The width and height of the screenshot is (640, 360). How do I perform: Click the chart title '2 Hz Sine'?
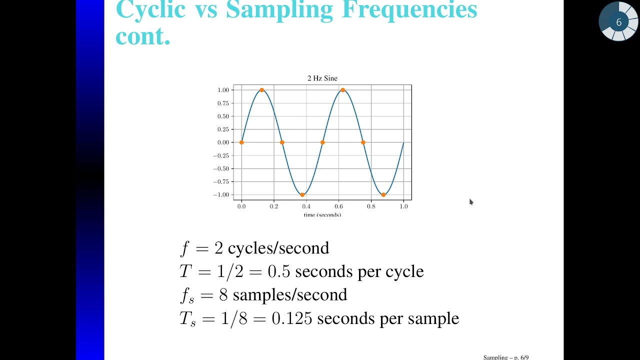[x=322, y=78]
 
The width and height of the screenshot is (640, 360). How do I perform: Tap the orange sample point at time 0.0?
[x=241, y=142]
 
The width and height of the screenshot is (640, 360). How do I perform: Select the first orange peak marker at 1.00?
[x=262, y=90]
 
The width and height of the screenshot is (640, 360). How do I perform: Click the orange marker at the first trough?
[x=302, y=194]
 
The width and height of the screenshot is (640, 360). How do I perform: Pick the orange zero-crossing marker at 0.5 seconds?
[x=322, y=142]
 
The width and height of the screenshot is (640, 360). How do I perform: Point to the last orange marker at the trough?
[x=383, y=194]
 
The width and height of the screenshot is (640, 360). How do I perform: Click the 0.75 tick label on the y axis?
[x=223, y=103]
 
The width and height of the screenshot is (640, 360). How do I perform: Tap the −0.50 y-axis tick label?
[x=221, y=168]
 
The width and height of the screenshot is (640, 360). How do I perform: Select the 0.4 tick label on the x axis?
[x=306, y=206]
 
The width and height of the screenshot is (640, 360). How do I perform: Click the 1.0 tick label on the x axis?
[x=403, y=206]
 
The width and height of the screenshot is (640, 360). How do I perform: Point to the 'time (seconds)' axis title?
[x=322, y=214]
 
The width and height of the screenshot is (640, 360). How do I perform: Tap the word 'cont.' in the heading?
[x=143, y=36]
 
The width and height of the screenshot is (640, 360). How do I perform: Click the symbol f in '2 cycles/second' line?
[x=185, y=248]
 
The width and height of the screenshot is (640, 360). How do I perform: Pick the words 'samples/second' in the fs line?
[x=290, y=295]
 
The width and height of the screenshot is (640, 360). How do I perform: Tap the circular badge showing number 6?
[x=618, y=22]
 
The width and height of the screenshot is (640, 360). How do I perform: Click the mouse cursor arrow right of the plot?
[x=470, y=201]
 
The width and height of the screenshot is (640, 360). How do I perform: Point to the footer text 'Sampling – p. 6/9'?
[x=505, y=357]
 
